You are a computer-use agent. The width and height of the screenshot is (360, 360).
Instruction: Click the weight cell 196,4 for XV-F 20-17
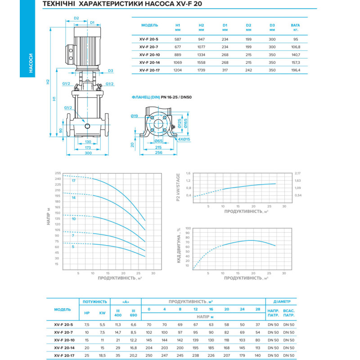[x=296, y=70]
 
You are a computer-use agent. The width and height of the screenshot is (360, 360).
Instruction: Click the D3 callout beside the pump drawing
[x=110, y=71]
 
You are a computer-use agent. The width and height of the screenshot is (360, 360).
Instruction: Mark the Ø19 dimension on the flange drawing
[x=134, y=116]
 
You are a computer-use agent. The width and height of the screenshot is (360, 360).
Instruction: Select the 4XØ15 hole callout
[x=184, y=139]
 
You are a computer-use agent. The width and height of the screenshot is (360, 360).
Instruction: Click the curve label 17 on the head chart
[x=73, y=180]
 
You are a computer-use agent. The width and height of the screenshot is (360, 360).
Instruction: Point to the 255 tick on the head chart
[x=58, y=173]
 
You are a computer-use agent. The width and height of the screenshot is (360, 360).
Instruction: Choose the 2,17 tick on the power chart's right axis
[x=297, y=173]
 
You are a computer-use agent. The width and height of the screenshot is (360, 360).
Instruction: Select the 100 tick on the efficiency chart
[x=188, y=229]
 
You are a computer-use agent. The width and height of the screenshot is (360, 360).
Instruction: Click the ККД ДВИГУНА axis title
[x=179, y=245]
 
